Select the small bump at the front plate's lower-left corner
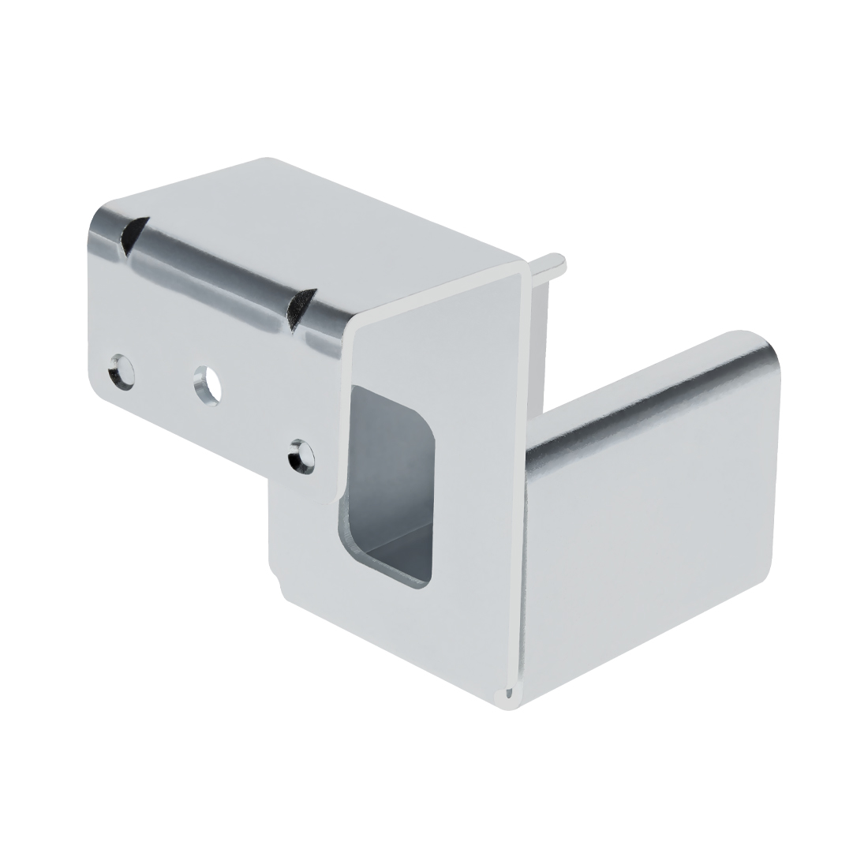pyautogui.click(x=277, y=584)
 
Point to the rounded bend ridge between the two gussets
pyautogui.click(x=213, y=272)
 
